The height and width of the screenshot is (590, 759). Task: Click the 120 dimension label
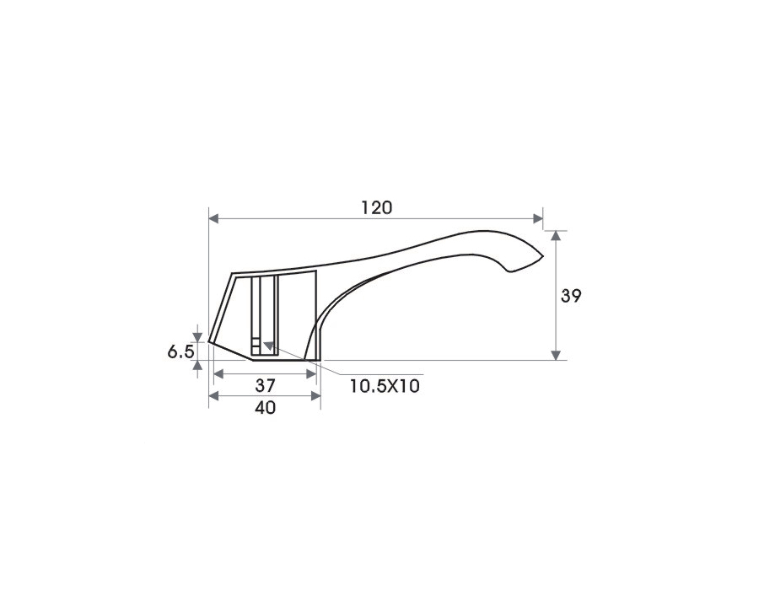(x=377, y=208)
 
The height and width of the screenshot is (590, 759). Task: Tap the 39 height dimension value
(x=571, y=296)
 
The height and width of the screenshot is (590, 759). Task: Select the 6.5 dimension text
(x=181, y=351)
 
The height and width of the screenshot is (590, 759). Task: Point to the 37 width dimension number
(x=266, y=385)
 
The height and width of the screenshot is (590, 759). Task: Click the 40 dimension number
(x=266, y=408)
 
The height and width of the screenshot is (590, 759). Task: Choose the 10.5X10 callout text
(x=385, y=386)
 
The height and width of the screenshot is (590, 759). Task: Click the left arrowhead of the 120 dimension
(x=214, y=218)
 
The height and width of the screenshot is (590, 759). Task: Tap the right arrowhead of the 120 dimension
(x=537, y=218)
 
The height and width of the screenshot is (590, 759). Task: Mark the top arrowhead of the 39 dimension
(x=557, y=236)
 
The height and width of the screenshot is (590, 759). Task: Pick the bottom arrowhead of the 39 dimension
(x=557, y=355)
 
